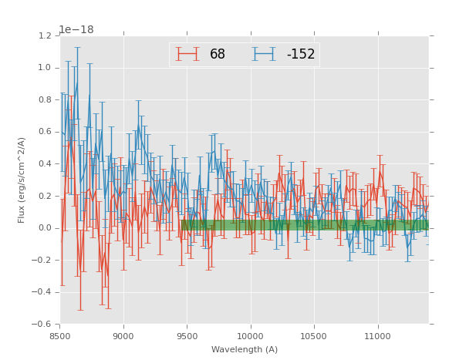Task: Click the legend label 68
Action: coord(217,55)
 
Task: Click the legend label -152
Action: coord(300,55)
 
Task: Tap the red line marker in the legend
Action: coord(187,54)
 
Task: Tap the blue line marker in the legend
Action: coord(264,54)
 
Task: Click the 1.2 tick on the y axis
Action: coord(44,36)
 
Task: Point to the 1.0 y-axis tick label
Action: coord(44,68)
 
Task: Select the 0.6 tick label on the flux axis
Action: coord(44,132)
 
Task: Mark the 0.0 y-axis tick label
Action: coord(44,228)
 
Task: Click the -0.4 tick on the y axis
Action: coord(42,292)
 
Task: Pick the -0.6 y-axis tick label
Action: coord(42,325)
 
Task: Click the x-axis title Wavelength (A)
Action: coord(245,350)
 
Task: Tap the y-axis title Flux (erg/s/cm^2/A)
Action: coord(22,180)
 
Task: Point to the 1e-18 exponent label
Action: coord(76,30)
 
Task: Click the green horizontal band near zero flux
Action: coord(305,225)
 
